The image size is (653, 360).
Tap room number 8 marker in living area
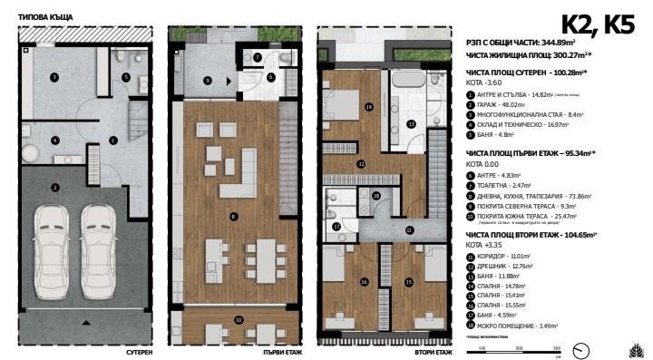click(234, 216)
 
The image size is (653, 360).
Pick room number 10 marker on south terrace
click(239, 319)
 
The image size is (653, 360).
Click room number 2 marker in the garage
click(55, 187)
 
